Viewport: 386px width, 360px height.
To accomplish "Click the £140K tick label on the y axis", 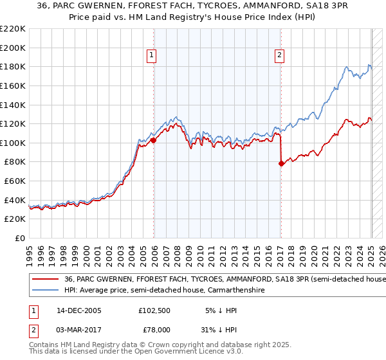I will pos(14,104).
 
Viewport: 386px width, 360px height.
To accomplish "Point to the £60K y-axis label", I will pos(15,181).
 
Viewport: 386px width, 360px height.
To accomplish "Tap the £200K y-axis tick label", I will pos(14,48).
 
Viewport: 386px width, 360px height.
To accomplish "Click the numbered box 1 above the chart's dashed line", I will pos(151,56).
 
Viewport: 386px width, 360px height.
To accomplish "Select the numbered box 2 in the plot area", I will pos(280,56).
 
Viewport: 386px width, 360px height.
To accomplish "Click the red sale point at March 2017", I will pos(281,163).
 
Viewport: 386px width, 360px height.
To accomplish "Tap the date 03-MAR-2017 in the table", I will pos(79,329).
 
